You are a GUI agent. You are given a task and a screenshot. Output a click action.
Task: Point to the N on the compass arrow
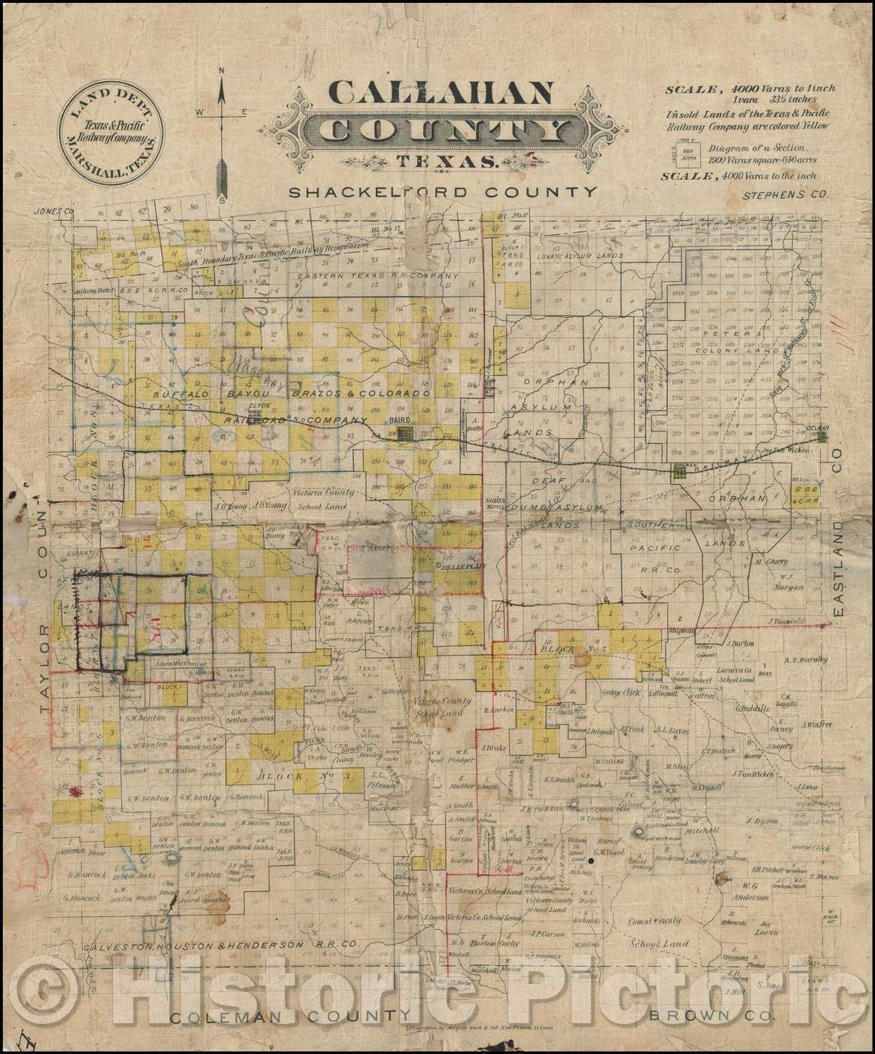222,72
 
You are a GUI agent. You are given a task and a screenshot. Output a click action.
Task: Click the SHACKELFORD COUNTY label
444,192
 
